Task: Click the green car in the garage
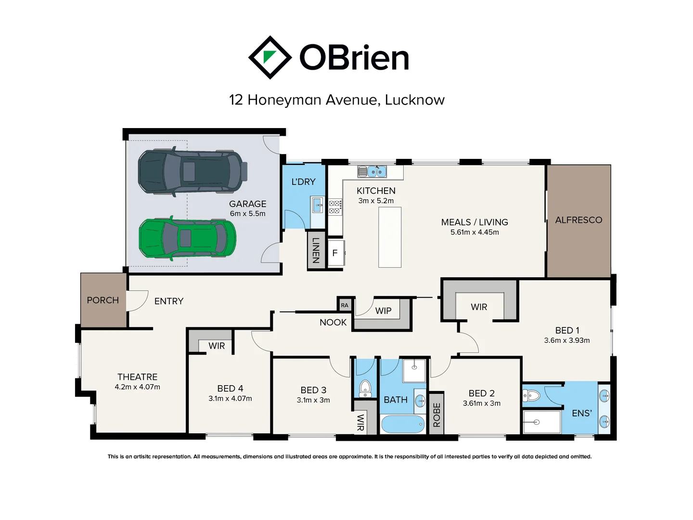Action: (188, 238)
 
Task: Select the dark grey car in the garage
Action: (192, 172)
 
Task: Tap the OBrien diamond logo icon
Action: (270, 57)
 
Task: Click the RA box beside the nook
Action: (345, 305)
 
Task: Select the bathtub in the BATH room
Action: (403, 424)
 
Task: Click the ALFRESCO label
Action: (578, 220)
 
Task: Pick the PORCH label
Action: (103, 300)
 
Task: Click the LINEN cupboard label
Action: (316, 250)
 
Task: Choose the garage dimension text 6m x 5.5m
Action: (247, 214)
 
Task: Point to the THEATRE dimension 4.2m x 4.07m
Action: (137, 387)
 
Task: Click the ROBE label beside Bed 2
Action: (436, 415)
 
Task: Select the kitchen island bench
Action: (389, 237)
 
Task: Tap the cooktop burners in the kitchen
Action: (335, 207)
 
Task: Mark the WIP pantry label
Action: (383, 311)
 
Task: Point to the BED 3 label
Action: (313, 390)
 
